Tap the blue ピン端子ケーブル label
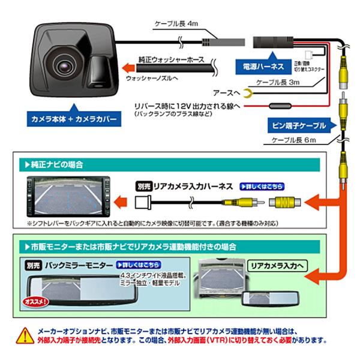coord(296,125)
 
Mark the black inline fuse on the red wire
coord(277,106)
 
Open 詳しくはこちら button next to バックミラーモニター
coord(139,264)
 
